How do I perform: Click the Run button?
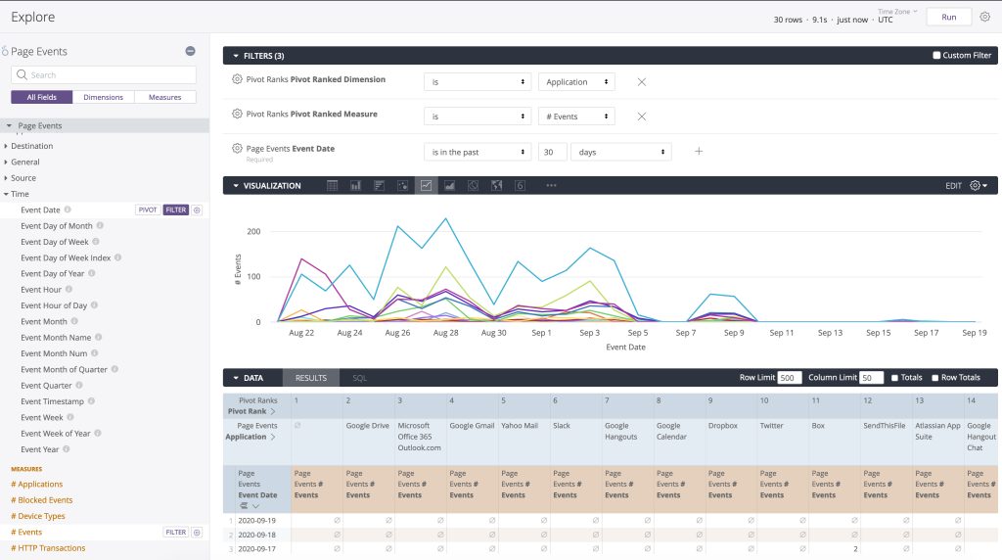(949, 18)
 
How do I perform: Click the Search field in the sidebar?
(104, 74)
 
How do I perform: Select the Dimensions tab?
(103, 97)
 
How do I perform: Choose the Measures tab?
(164, 97)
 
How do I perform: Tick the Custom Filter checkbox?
(936, 56)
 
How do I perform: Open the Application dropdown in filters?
(576, 82)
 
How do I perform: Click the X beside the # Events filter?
(642, 117)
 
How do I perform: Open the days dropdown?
(621, 152)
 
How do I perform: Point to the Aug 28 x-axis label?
(445, 333)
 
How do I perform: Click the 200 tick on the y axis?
(253, 231)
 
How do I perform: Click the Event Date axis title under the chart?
(625, 348)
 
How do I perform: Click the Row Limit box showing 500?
(790, 378)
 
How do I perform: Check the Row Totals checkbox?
(934, 378)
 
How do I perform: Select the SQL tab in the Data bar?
(360, 379)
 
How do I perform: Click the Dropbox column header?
(723, 426)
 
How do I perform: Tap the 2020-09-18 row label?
(257, 535)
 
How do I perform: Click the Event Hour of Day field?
(54, 305)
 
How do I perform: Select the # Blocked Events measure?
(41, 500)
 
